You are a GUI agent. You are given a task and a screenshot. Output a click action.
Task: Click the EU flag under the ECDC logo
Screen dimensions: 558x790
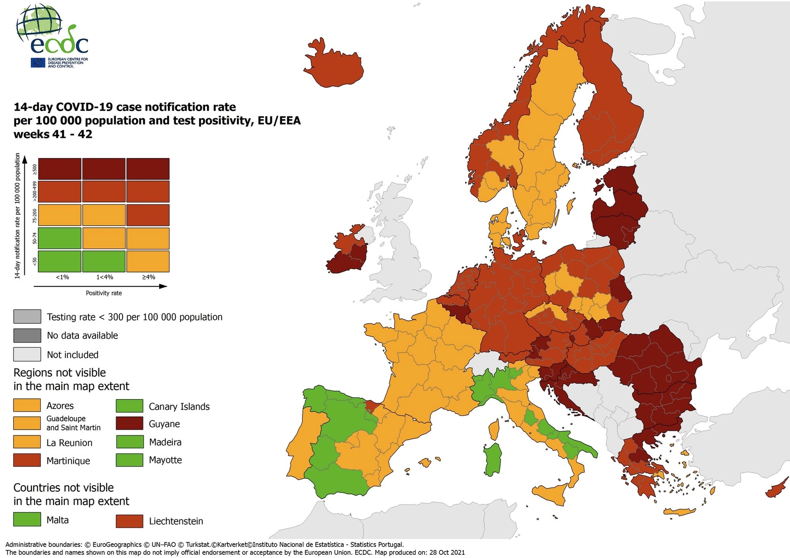point(38,63)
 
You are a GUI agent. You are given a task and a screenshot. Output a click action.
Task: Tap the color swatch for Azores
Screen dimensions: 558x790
point(27,405)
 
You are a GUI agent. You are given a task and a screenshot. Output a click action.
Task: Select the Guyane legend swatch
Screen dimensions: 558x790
point(129,423)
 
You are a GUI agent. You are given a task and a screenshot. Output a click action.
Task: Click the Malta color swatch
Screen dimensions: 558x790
point(27,519)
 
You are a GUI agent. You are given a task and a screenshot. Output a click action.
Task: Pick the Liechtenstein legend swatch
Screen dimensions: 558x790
point(129,521)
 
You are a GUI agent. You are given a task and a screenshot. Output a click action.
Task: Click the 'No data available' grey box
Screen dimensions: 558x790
point(27,335)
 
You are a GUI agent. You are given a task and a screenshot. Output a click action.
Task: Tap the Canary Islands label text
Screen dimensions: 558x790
point(179,407)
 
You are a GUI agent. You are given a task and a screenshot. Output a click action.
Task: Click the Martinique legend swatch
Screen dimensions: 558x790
point(27,460)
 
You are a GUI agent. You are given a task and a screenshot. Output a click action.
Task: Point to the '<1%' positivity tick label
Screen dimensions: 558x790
point(62,277)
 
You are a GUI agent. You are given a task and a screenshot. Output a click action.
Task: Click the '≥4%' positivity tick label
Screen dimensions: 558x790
point(149,277)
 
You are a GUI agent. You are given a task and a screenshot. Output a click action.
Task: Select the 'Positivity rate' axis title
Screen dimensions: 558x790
point(104,293)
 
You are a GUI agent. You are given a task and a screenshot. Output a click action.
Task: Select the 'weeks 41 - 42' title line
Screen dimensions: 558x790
point(53,135)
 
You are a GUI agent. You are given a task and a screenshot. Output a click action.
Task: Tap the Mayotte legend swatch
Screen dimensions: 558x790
point(129,460)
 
